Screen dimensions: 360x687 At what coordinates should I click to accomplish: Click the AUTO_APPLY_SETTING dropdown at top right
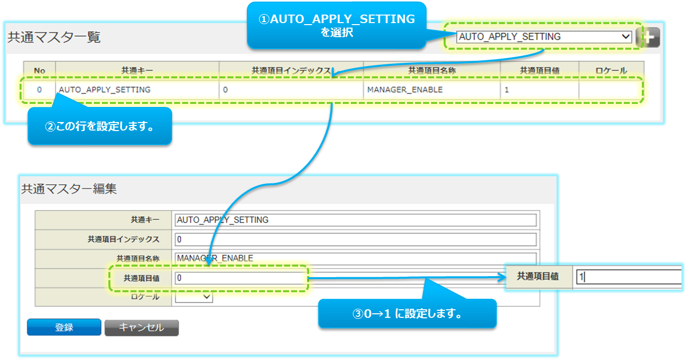click(x=544, y=37)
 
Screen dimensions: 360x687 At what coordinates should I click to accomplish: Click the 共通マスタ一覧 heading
click(x=54, y=37)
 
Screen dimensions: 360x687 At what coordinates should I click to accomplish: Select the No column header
click(x=40, y=71)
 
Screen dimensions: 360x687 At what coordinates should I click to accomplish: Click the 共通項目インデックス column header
click(x=291, y=71)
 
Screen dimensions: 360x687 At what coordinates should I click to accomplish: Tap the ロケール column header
click(x=611, y=71)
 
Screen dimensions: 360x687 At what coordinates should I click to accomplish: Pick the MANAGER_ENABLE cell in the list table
click(x=432, y=90)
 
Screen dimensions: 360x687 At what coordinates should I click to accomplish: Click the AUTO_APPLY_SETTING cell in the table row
click(x=137, y=90)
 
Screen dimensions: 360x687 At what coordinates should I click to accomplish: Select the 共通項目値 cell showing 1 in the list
click(x=539, y=90)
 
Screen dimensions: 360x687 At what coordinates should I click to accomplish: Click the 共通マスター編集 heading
click(x=69, y=189)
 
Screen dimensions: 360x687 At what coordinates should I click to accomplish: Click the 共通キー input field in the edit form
click(x=356, y=220)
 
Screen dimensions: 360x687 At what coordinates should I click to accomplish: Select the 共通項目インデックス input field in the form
click(x=356, y=239)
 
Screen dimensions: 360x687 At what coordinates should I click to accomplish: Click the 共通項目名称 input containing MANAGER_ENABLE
click(x=356, y=258)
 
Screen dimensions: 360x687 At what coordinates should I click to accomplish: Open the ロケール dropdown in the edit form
click(x=194, y=297)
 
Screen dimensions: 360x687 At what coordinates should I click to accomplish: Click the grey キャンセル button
click(x=142, y=327)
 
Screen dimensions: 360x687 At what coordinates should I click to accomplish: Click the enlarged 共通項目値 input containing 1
click(x=627, y=277)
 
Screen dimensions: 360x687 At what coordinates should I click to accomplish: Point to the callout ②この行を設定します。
click(x=100, y=126)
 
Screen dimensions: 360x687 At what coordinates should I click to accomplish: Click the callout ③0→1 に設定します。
click(x=407, y=314)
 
